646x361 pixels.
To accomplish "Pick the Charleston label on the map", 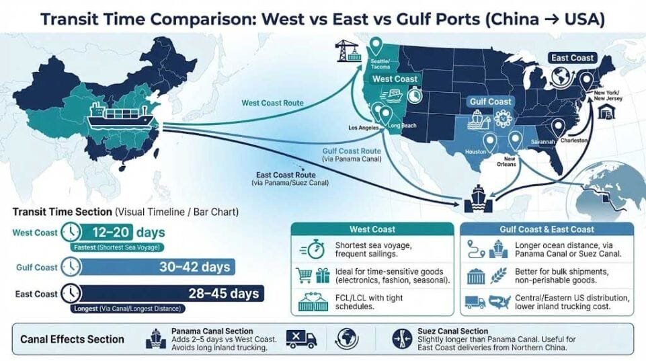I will point(574,140).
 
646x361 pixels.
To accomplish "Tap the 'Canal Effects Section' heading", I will point(73,339).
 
